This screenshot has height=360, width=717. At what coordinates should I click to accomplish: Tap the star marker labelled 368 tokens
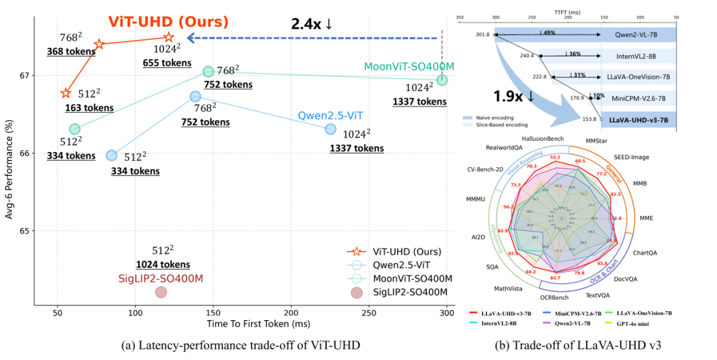tap(99, 45)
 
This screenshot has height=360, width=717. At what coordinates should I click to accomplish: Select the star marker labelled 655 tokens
tap(169, 38)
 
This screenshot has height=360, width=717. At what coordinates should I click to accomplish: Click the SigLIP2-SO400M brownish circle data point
tap(161, 292)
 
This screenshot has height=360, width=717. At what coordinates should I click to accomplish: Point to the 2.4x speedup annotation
tap(311, 24)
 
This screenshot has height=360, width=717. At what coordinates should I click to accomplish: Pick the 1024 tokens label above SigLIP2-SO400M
tap(163, 264)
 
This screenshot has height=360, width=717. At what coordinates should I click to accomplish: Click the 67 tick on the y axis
tap(26, 75)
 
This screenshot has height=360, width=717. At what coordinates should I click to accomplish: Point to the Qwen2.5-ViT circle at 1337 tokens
tap(331, 129)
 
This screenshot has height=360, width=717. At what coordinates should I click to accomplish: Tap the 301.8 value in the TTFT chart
tap(483, 34)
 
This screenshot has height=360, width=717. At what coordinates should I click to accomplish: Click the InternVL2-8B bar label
tap(636, 56)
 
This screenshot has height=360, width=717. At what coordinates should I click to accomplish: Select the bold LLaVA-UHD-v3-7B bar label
tap(637, 120)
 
